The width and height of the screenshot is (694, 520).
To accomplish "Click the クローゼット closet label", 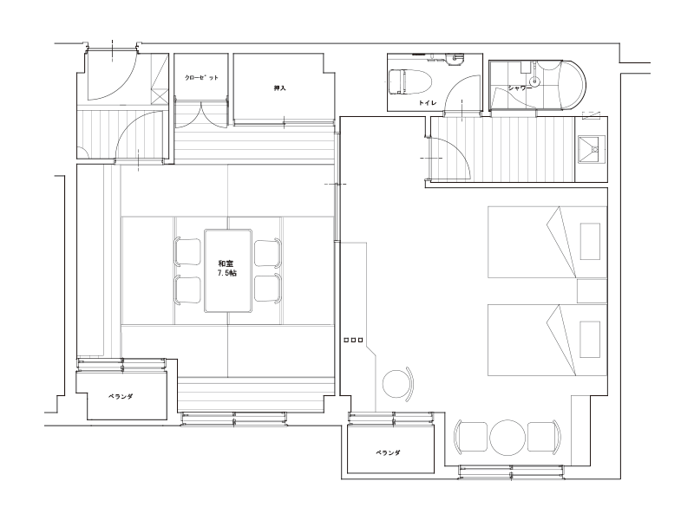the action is coord(201,78).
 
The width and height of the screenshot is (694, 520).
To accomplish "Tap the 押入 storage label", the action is coord(279,88).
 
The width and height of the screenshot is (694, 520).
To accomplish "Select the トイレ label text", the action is coord(428,103).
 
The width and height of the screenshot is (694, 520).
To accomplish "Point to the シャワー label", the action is coord(520,88).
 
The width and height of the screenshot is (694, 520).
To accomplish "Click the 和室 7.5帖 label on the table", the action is coord(227,269).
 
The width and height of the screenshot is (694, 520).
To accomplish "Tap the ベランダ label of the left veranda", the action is coord(121,397).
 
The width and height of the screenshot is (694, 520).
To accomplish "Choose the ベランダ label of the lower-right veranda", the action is coord(388,452).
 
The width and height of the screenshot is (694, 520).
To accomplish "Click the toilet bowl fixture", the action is coord(409,81).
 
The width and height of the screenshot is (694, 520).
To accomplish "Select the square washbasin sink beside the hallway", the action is coord(591,149).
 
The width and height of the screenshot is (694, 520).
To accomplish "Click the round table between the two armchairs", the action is coord(507,437).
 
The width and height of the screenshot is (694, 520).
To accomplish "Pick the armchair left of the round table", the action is coord(471,437).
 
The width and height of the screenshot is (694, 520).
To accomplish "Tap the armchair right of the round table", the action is coord(545,437).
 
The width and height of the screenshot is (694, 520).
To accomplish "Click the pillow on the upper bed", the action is coord(591,242).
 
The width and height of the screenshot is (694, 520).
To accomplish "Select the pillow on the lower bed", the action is coord(591,340).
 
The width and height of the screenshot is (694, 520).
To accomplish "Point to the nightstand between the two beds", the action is coord(592,291).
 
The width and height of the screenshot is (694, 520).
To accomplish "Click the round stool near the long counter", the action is coord(397,384).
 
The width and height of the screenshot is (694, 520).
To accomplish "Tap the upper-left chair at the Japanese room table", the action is coord(187,252).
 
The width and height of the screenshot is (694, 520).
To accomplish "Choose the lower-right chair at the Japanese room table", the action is coord(268,289).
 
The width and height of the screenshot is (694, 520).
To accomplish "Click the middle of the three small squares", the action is coord(354,340).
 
